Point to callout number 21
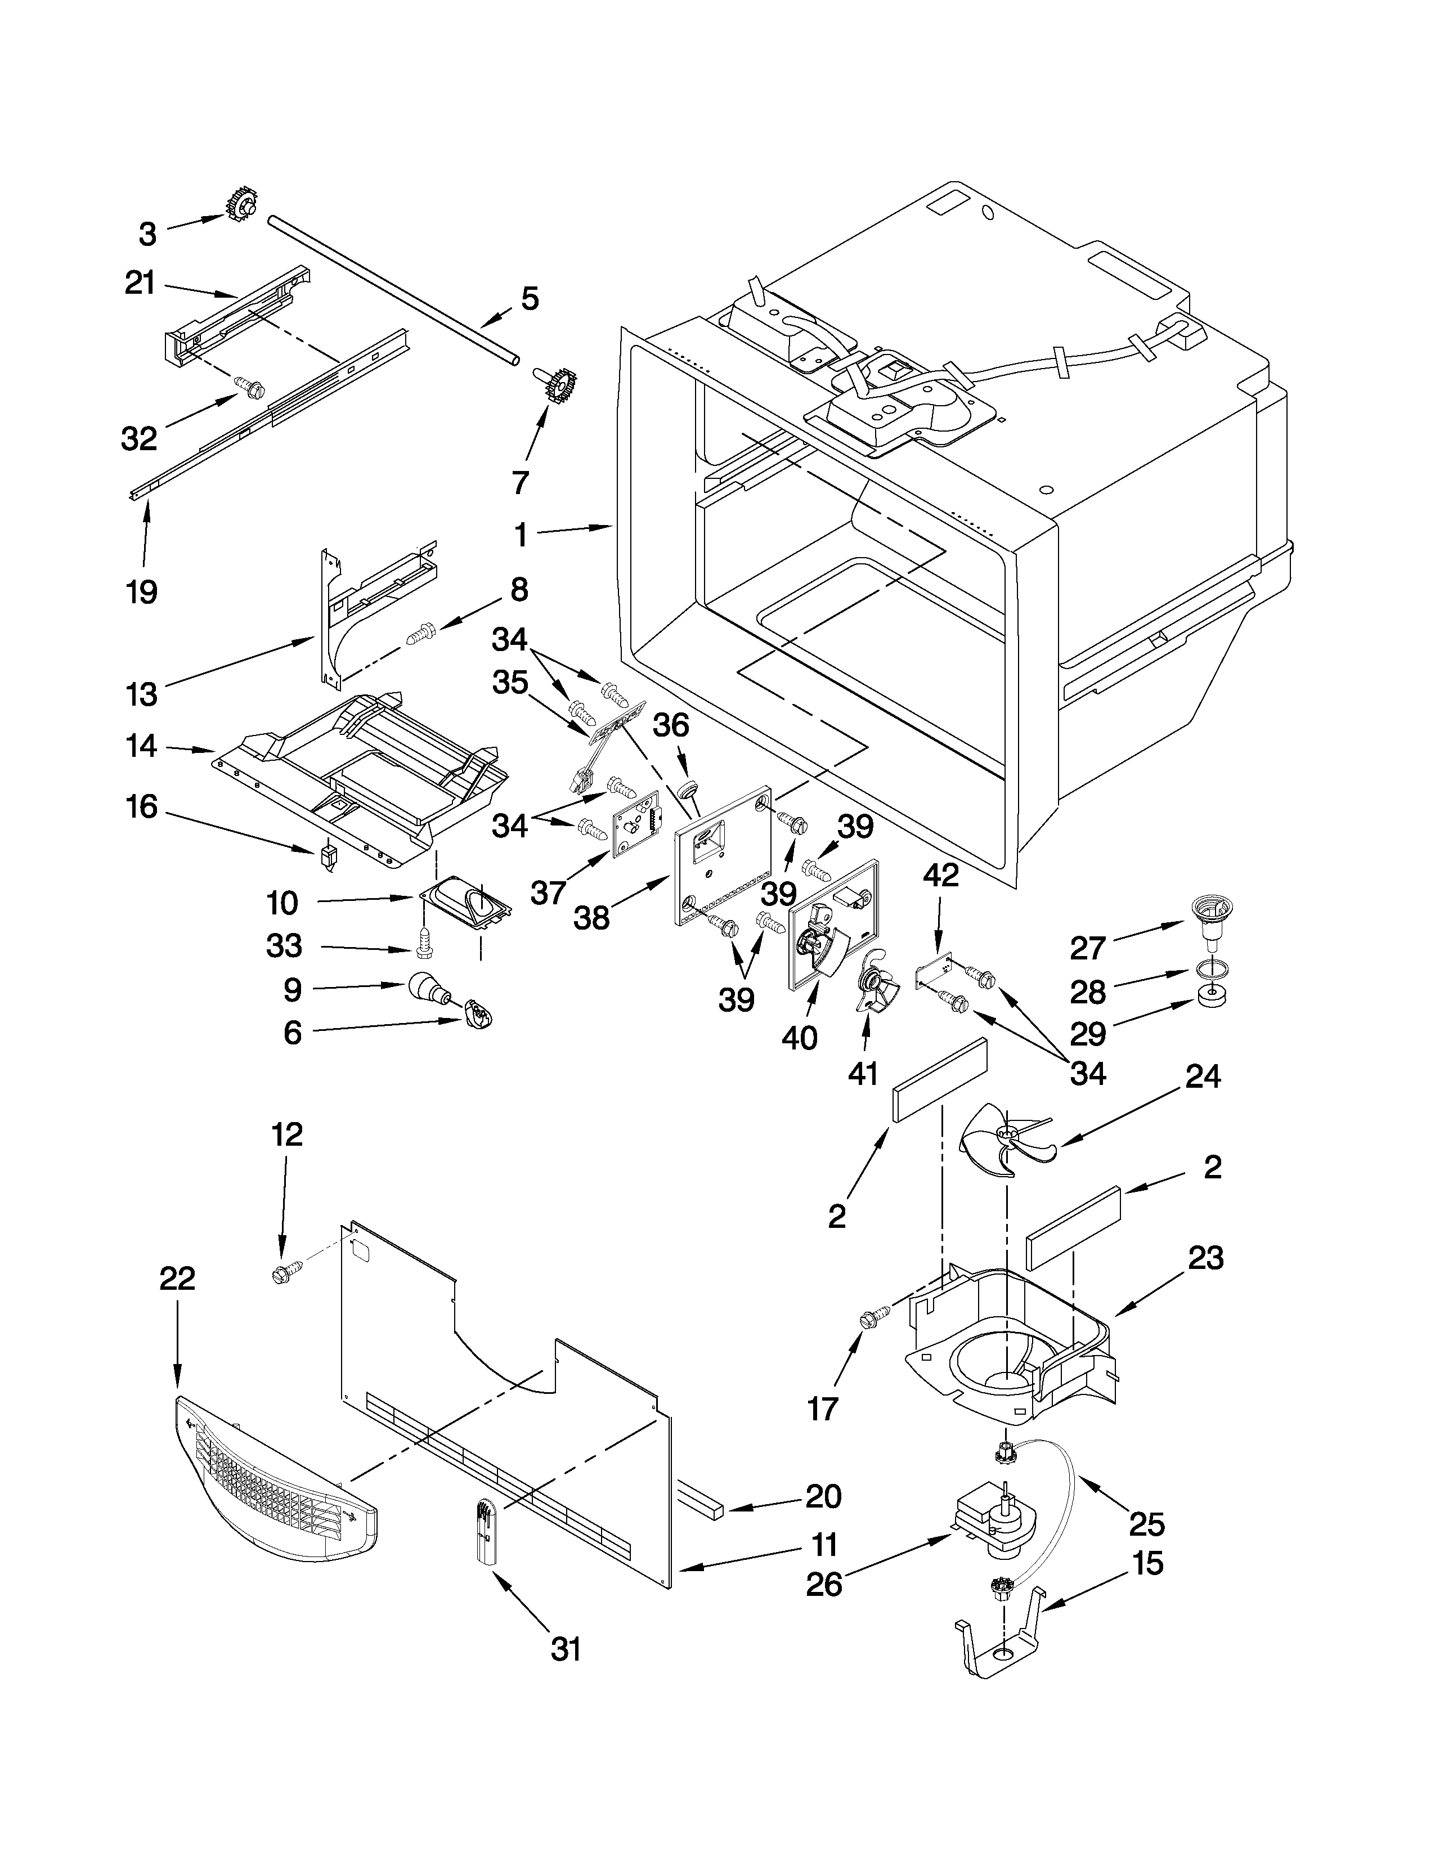140,282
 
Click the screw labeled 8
421,634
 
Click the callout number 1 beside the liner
521,534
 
